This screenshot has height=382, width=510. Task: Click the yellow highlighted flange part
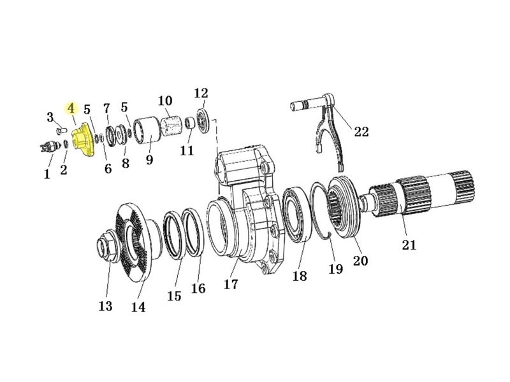pyautogui.click(x=83, y=139)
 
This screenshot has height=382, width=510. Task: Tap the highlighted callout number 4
pyautogui.click(x=71, y=109)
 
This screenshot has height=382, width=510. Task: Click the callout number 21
pyautogui.click(x=409, y=244)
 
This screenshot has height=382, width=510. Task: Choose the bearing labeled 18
pyautogui.click(x=297, y=215)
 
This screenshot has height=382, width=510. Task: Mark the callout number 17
pyautogui.click(x=231, y=284)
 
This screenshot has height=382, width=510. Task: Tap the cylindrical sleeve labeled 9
pyautogui.click(x=147, y=130)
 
